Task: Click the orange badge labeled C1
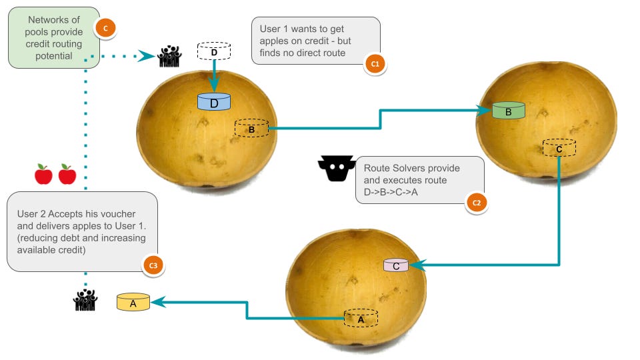coord(374,64)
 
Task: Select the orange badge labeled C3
coord(153,265)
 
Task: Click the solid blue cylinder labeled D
coord(214,102)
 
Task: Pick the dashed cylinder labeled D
coord(214,51)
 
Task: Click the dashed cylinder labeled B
coord(251,128)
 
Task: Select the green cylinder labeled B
coord(509,111)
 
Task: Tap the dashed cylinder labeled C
coord(559,147)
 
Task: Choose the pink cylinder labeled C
coord(395,265)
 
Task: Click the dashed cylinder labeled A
coord(361,318)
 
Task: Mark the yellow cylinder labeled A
coord(133,302)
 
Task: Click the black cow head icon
coord(335,169)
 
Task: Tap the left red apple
coord(43,175)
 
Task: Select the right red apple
coord(67,175)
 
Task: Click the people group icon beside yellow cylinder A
coord(85,301)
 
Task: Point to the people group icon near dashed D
coord(169,57)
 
